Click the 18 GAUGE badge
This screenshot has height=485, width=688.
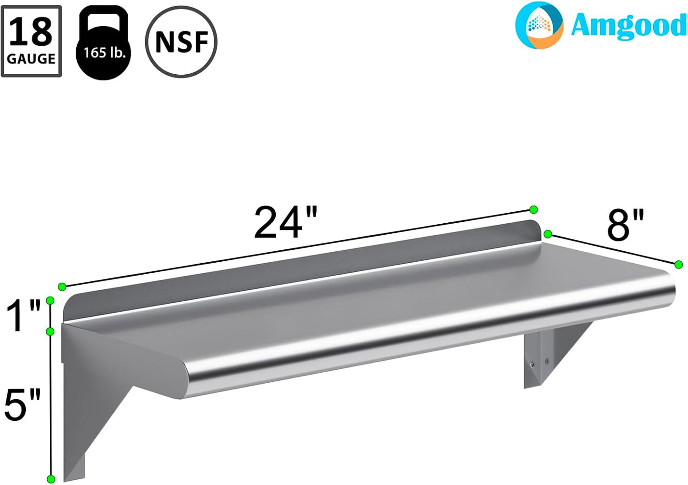point(31,41)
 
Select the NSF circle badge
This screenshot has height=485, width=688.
point(181,42)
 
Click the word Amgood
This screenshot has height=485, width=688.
point(628,26)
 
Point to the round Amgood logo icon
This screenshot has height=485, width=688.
point(539,25)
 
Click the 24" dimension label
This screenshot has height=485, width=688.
point(286,223)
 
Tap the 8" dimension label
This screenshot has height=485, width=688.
point(625,225)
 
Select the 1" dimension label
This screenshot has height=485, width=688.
point(24,317)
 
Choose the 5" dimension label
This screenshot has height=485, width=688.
point(22,405)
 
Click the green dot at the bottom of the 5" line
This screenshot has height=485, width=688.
point(51,479)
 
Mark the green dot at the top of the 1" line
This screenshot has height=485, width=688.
point(50,300)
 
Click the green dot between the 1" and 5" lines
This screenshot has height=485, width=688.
point(50,331)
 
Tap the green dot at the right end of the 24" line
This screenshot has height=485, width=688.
point(533,209)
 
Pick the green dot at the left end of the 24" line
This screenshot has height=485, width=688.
point(62,287)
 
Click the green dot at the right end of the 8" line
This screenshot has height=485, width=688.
point(679,265)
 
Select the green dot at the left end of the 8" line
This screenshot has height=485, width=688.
point(548,234)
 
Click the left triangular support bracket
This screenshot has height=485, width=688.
point(90,405)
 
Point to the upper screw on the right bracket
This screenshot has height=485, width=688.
point(532,365)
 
